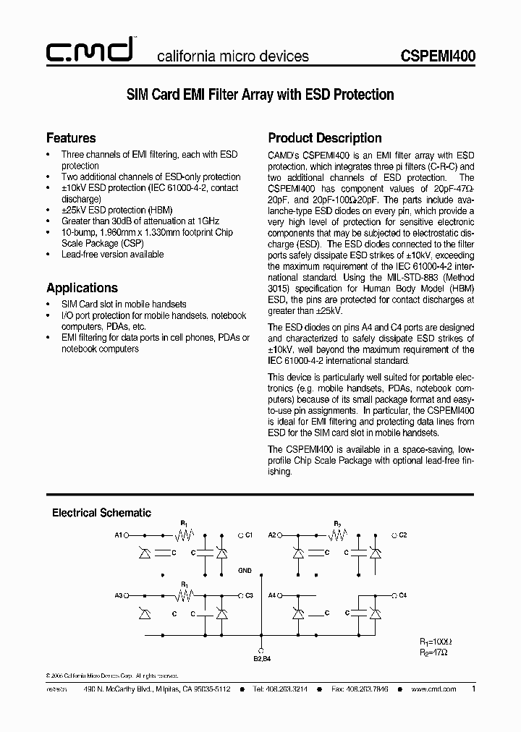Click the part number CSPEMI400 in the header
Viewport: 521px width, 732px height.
pyautogui.click(x=438, y=56)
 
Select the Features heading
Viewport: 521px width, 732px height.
pyautogui.click(x=71, y=137)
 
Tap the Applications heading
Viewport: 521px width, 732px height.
pyautogui.click(x=82, y=287)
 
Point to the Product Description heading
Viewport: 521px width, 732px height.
pyautogui.click(x=325, y=137)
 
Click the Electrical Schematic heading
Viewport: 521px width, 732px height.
pyautogui.click(x=101, y=513)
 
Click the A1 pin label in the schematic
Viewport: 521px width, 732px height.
pyautogui.click(x=119, y=535)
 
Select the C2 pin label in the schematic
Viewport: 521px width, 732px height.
pyautogui.click(x=403, y=535)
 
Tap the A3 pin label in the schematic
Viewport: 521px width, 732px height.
pyautogui.click(x=119, y=595)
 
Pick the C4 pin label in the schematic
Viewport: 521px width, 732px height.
pyautogui.click(x=403, y=595)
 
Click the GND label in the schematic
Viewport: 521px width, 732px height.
pyautogui.click(x=245, y=570)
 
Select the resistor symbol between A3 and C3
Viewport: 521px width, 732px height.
pyautogui.click(x=185, y=595)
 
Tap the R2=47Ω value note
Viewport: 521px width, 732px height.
pyautogui.click(x=434, y=652)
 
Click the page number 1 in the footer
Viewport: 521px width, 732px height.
pyautogui.click(x=473, y=689)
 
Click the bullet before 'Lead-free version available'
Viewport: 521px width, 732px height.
pyautogui.click(x=48, y=255)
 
